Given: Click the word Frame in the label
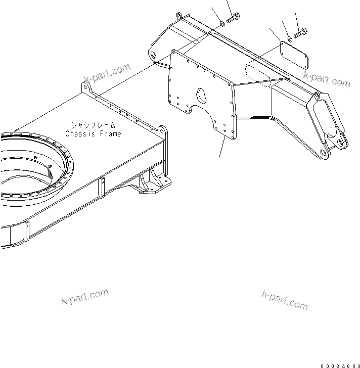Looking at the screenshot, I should (109, 134).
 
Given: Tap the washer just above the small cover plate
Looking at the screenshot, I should (289, 38).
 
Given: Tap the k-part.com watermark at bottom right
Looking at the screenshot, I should (285, 301).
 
